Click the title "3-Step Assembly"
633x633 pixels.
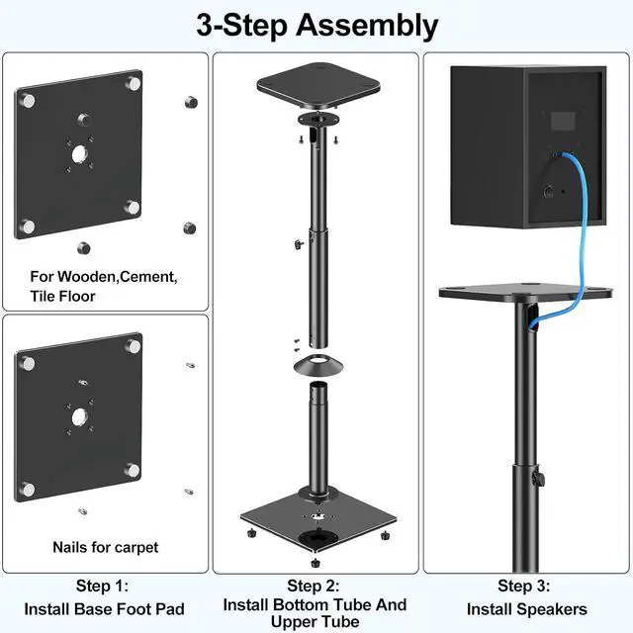pos(316,25)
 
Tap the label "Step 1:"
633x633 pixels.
pos(104,586)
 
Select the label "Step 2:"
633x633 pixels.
pos(315,585)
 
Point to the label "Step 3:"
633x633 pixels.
pos(525,586)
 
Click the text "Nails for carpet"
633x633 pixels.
pos(105,547)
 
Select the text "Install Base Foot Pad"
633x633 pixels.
pos(104,609)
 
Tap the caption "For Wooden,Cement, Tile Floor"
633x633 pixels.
pos(104,287)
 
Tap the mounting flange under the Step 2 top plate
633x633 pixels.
pos(316,124)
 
